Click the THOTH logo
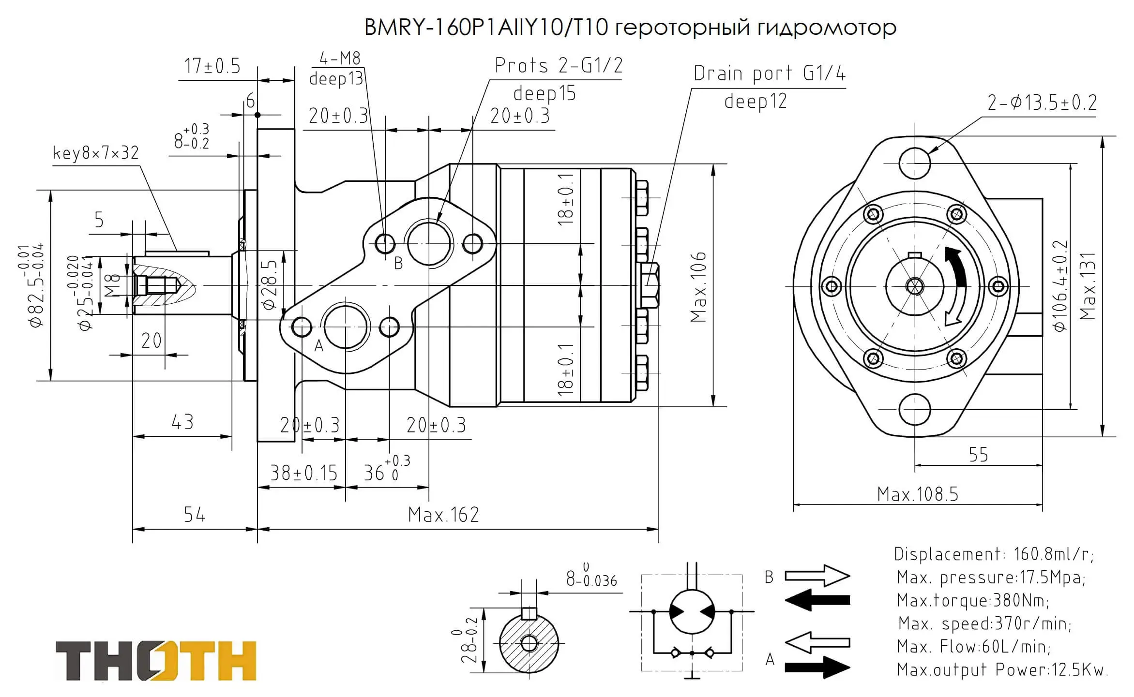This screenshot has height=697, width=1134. [x=156, y=661]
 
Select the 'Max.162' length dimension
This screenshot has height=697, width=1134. [x=443, y=515]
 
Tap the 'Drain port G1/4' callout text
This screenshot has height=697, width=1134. [x=769, y=74]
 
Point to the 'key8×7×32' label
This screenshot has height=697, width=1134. [x=96, y=153]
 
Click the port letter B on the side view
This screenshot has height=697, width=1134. [x=398, y=264]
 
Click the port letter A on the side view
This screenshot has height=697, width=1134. [x=319, y=345]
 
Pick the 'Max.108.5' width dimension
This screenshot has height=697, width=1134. [x=917, y=494]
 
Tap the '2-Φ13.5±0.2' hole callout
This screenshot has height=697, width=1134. [x=1042, y=103]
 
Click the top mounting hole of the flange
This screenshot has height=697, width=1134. [x=914, y=163]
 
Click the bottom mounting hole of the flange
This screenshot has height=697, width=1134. [x=914, y=409]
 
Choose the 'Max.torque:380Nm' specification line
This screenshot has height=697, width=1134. [x=973, y=600]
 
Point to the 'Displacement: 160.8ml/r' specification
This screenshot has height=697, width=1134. [x=994, y=554]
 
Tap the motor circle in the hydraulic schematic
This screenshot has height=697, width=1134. [x=692, y=611]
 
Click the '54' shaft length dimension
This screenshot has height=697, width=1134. [x=195, y=515]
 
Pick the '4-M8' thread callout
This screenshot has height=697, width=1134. [x=340, y=59]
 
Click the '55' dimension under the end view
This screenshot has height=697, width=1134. [x=978, y=455]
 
